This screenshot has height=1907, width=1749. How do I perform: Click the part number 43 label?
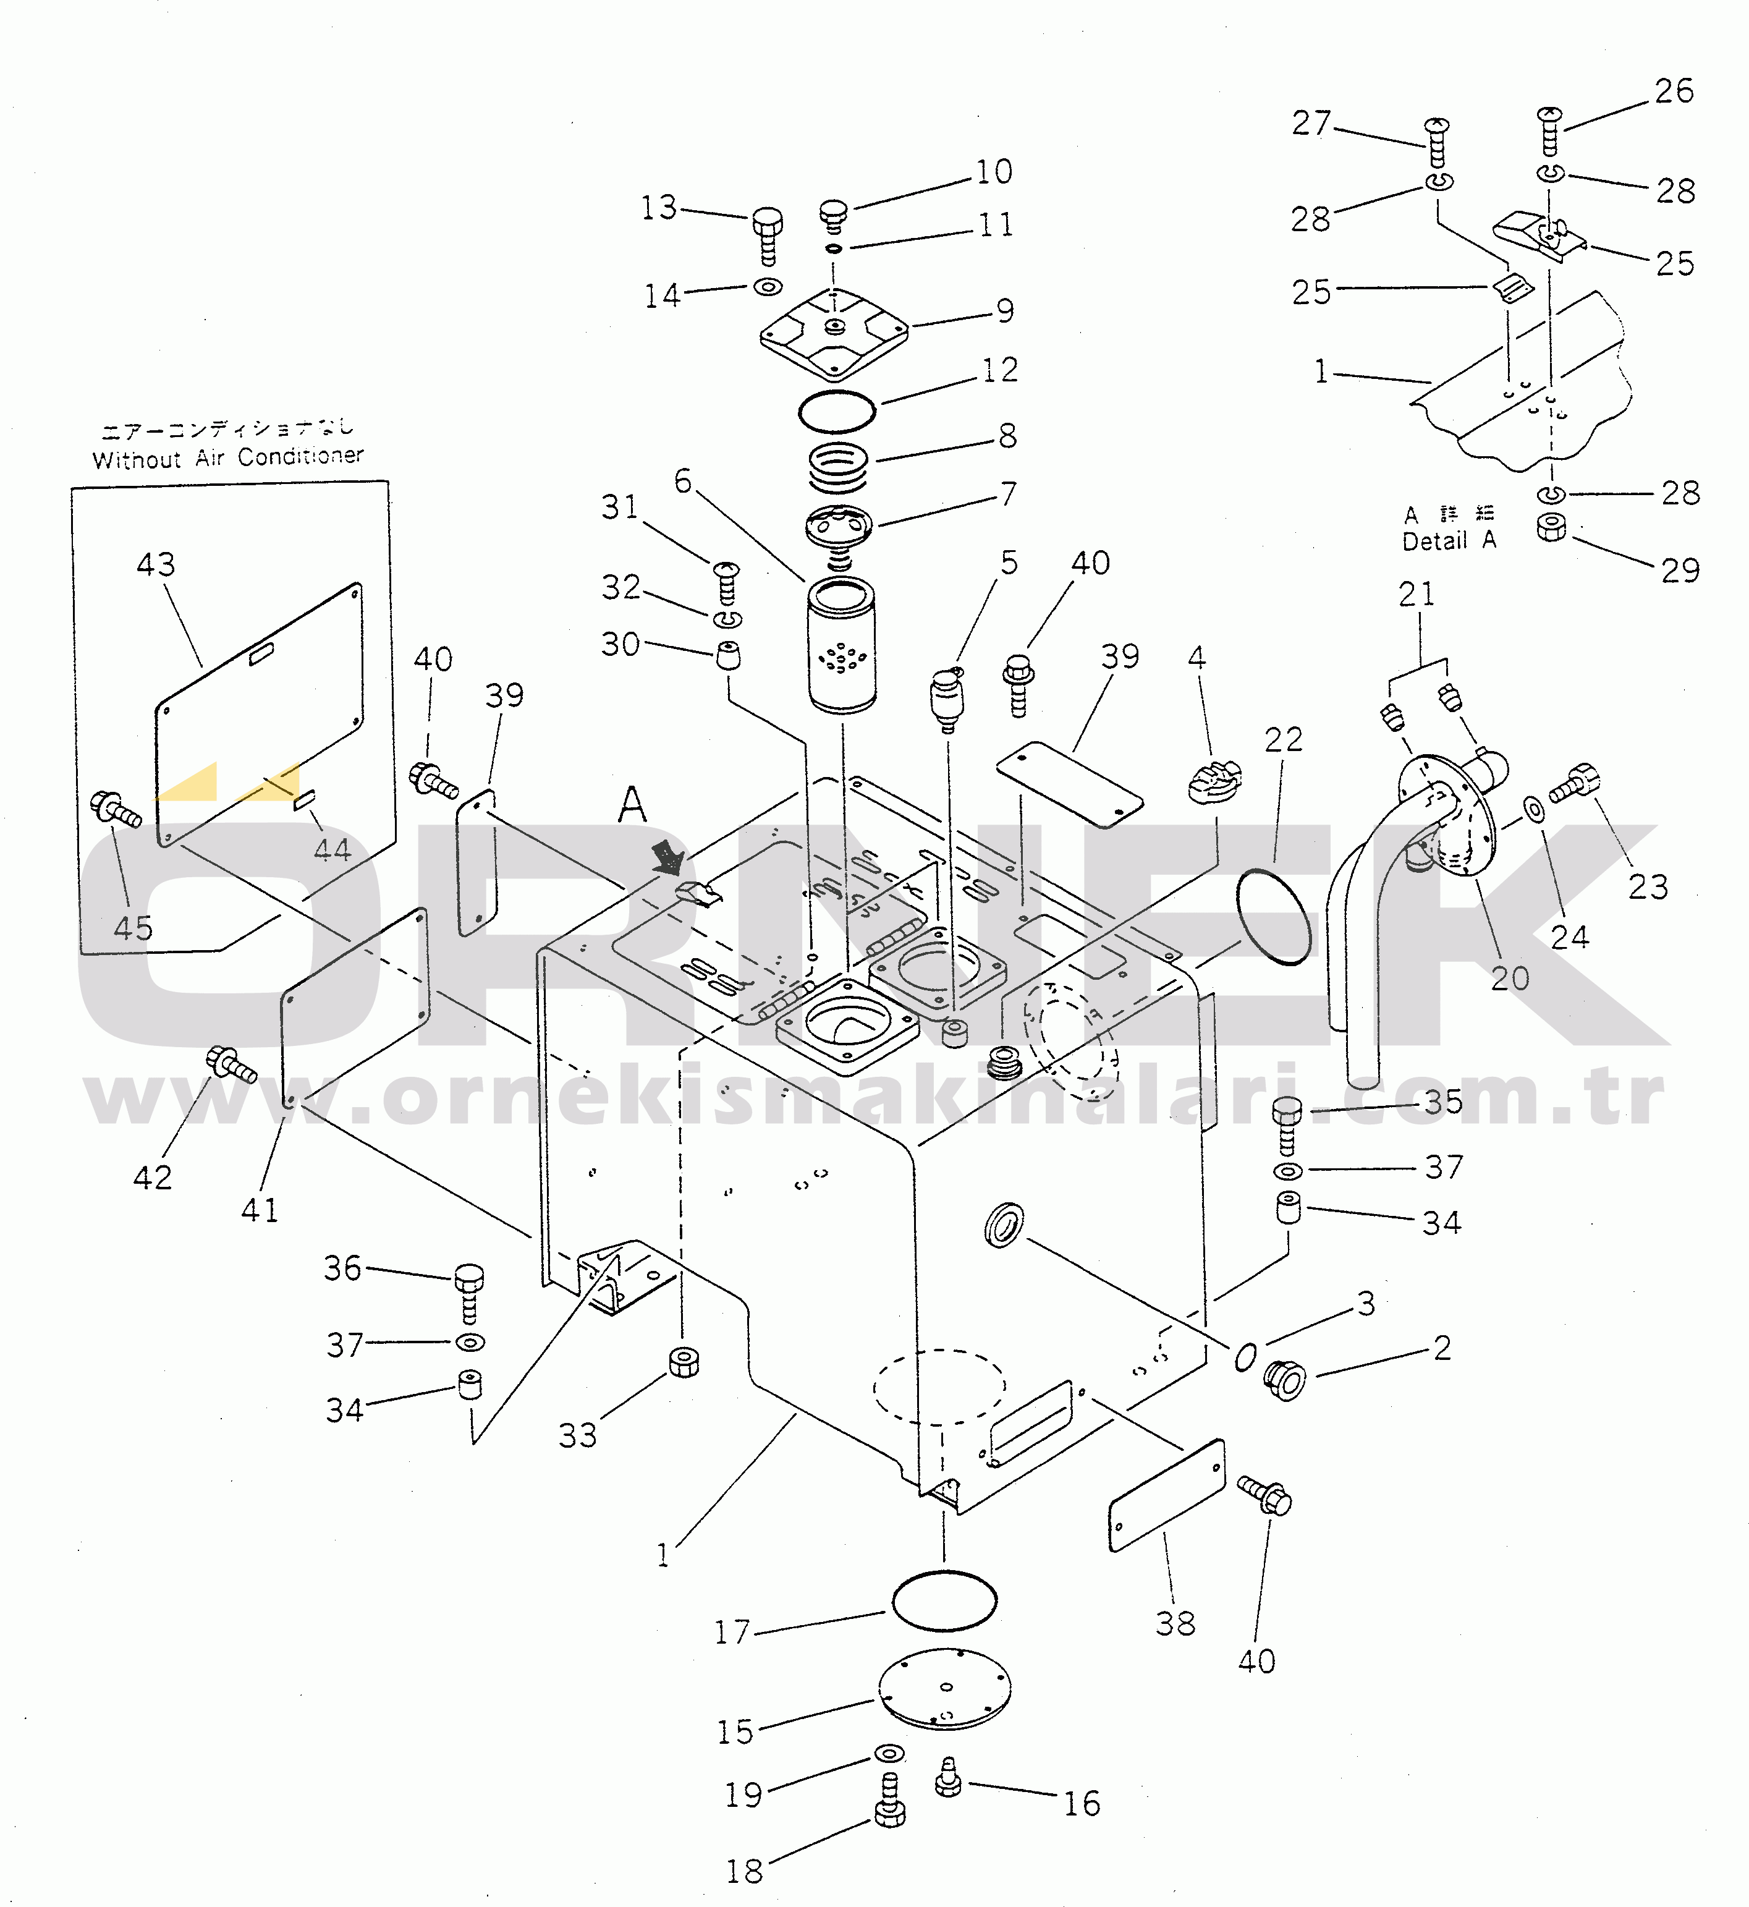point(156,565)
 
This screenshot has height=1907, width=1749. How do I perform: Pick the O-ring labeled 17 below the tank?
point(944,1600)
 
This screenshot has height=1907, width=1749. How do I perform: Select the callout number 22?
point(1284,739)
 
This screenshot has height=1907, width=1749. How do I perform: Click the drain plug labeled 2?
point(1285,1379)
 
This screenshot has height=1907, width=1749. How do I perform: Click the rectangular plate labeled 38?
point(1166,1497)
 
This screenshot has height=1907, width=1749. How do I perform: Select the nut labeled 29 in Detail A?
point(1551,527)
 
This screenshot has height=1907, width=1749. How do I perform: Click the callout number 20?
point(1510,978)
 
